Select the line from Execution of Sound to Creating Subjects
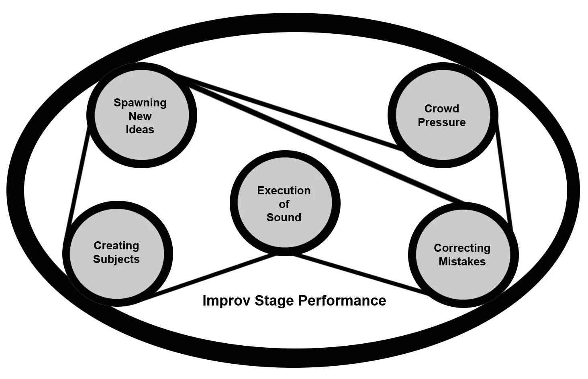209,277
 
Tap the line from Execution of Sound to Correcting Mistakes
361,275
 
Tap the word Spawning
140,103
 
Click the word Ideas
140,130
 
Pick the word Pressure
442,122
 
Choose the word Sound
284,218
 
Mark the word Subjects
116,259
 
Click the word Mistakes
462,262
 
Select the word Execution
284,191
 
